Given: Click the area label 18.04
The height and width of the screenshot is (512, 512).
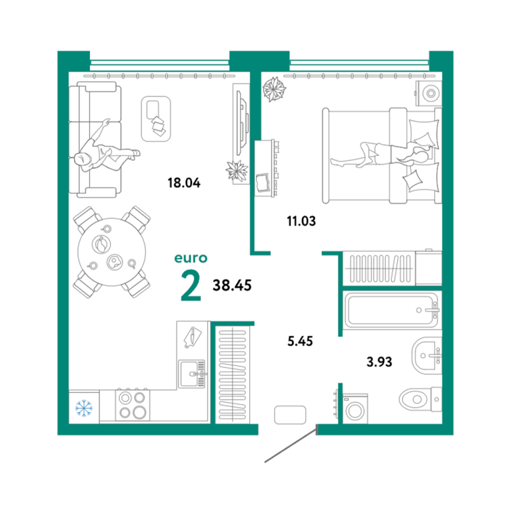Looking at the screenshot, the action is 184,183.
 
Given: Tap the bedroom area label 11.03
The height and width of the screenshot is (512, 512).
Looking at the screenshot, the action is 301,221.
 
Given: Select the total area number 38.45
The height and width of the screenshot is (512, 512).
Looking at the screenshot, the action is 232,285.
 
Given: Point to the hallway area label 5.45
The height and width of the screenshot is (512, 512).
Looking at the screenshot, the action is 300,341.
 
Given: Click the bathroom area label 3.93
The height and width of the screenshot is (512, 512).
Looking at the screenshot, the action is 379,362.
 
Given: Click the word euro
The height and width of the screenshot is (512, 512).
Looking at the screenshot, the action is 191,258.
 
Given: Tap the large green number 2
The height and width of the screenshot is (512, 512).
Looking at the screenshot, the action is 191,286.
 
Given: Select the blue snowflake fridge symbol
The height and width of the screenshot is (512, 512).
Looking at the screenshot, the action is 84,408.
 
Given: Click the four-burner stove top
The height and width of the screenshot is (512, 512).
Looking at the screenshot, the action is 133,405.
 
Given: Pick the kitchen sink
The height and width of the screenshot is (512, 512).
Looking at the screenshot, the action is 192,374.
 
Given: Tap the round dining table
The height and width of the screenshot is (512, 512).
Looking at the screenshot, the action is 112,252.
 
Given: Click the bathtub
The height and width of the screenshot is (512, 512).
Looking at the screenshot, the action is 391,311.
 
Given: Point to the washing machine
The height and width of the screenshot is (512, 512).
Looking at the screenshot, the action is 355,409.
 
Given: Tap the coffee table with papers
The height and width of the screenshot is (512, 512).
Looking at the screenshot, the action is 156,119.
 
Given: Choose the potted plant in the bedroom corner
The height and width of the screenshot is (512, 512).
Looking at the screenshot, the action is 274,89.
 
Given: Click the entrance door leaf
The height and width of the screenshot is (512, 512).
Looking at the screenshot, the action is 290,443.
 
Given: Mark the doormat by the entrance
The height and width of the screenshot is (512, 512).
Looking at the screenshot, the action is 290,415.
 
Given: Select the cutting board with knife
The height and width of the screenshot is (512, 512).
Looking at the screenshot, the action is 193,337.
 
